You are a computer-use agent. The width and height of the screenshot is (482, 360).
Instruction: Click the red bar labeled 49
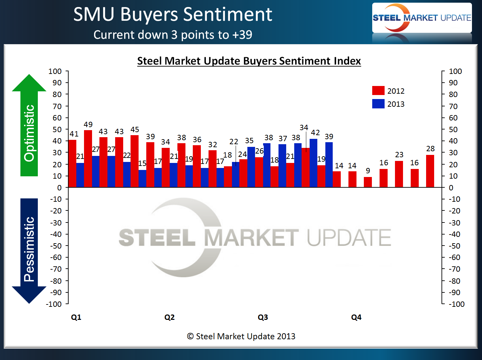[88, 159]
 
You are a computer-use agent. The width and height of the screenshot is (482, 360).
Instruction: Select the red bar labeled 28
[430, 171]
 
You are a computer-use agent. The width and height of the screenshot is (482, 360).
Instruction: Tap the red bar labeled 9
[368, 182]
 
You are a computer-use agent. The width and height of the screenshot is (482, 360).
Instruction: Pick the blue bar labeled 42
[314, 163]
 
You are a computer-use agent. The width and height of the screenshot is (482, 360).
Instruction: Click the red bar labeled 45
[135, 161]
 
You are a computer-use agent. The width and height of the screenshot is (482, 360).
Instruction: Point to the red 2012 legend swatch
[378, 91]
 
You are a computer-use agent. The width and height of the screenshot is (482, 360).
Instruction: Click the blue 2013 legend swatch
[378, 104]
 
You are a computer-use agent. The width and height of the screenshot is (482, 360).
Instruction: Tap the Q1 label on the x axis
[76, 317]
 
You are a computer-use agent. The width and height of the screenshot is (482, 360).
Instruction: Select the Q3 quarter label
[263, 317]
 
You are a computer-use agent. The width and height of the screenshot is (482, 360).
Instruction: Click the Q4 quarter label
[356, 317]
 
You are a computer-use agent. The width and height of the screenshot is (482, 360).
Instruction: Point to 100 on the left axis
[55, 71]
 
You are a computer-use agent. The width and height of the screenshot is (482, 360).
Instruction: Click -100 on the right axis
[457, 304]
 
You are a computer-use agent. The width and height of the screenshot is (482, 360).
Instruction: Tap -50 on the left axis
[56, 246]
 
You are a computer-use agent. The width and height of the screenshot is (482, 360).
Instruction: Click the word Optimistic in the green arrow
[29, 133]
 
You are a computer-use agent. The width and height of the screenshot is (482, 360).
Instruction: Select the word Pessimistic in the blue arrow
[29, 249]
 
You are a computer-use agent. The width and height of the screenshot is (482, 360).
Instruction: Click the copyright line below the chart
[241, 336]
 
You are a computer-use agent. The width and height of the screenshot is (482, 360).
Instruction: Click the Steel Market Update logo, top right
[422, 18]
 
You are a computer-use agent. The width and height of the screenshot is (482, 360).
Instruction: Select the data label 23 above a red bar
[399, 155]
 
